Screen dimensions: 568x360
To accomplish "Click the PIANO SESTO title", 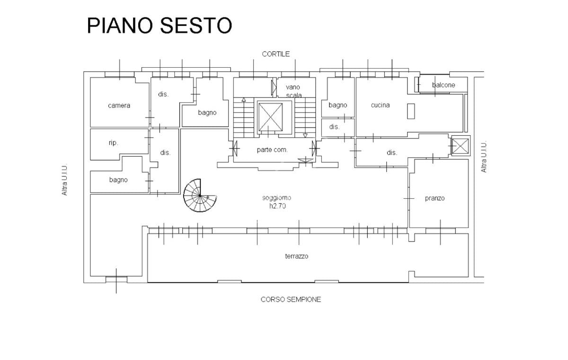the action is point(160,26).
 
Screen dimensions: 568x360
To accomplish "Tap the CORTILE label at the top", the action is point(275,54).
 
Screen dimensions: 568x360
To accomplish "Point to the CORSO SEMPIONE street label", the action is point(291,299).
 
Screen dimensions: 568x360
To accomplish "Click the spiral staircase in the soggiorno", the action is point(200,195).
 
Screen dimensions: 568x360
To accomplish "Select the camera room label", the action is point(119,105).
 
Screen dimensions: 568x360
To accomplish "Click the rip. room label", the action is point(113,143).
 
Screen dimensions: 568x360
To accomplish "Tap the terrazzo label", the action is point(297,256).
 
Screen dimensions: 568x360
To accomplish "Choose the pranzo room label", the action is point(435,198).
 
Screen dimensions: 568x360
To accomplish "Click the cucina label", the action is point(380,105).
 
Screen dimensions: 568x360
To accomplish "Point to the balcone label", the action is point(444,85).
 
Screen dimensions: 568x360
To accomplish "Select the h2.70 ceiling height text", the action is point(277,206).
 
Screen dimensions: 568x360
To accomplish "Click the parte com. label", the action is point(272,150).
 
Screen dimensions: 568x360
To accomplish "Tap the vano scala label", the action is point(293,91).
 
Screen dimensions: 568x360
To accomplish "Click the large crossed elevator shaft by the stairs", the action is point(271,117).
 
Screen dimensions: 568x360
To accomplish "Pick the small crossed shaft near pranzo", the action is point(461,146).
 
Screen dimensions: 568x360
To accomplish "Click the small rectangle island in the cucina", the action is point(411,111).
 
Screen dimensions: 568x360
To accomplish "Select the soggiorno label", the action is point(276,198).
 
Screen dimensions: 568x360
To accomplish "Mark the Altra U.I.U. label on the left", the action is point(64,180).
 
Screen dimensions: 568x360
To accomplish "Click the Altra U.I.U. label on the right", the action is point(484,157).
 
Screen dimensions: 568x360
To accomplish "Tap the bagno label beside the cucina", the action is point(338,105).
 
